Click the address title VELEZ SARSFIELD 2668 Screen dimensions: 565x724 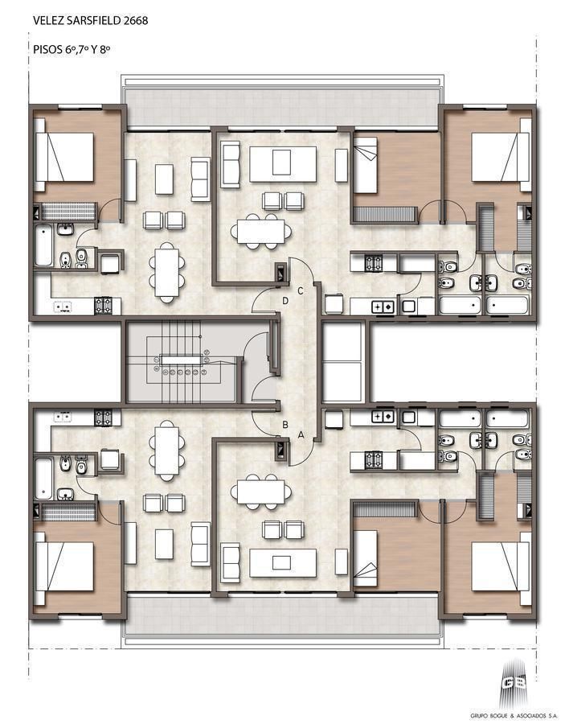tap(90, 21)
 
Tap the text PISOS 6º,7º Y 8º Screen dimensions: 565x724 tap(72, 50)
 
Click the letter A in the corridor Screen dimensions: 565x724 tap(301, 434)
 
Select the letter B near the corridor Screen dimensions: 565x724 tap(285, 424)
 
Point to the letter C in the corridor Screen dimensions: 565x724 tap(301, 291)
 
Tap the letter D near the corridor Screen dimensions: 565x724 tap(285, 301)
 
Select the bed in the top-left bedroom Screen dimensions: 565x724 tap(64, 157)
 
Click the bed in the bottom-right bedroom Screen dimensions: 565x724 tap(501, 566)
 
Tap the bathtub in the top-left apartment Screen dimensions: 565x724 tap(44, 245)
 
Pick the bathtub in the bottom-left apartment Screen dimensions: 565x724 tap(44, 479)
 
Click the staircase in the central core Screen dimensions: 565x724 tap(183, 362)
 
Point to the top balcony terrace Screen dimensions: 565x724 tap(282, 107)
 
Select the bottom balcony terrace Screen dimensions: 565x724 tap(282, 616)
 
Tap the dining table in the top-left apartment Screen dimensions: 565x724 tap(167, 273)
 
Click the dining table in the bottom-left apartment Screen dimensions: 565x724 tap(167, 451)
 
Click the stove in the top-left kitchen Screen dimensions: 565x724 tap(104, 305)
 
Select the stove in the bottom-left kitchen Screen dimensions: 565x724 tap(104, 418)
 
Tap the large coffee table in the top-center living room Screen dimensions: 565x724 tap(283, 162)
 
